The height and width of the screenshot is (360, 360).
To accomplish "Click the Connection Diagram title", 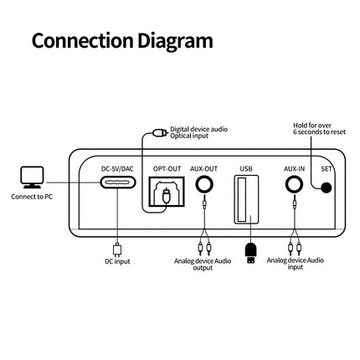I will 122,39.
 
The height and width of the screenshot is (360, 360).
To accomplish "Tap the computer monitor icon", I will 33,177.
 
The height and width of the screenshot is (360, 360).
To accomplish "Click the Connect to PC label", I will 33,198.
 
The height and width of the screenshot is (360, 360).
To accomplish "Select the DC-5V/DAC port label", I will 118,169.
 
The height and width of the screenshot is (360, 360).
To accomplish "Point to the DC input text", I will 118,261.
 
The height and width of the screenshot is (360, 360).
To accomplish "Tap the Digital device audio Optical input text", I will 198,131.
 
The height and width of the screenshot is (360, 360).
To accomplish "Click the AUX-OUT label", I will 203,169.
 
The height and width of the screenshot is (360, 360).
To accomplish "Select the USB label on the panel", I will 245,169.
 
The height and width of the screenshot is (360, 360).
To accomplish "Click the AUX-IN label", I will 293,169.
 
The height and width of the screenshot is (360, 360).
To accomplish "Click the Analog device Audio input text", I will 294,265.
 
